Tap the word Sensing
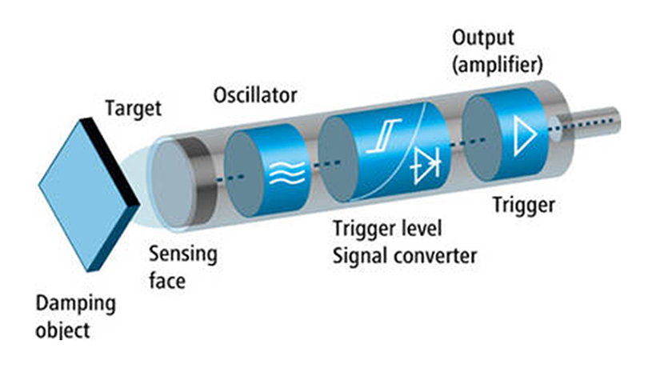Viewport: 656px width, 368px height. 182,254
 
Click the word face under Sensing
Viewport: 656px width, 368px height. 168,280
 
